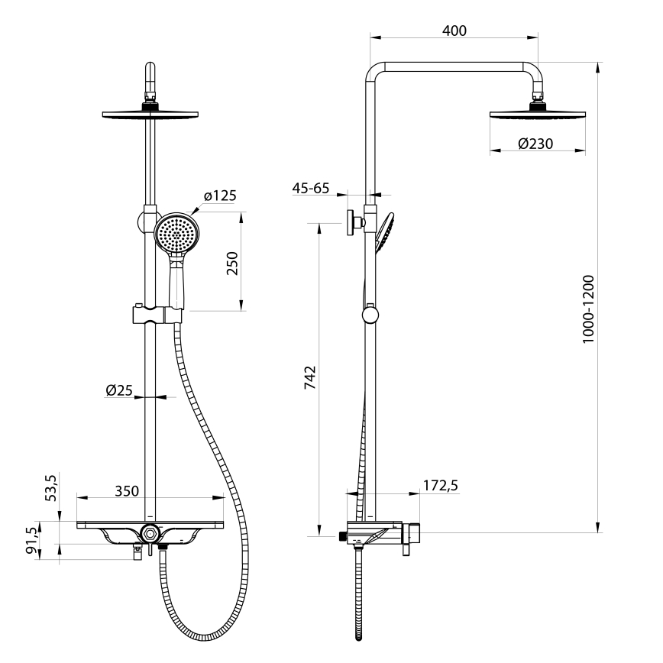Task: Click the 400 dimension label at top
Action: (454, 31)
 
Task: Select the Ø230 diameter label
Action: (535, 144)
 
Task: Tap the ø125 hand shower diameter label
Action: (220, 196)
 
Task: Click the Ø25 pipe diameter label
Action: (120, 390)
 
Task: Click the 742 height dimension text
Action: (309, 378)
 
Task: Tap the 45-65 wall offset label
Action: (312, 188)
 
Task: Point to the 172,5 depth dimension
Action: (440, 485)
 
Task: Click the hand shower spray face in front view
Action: (176, 234)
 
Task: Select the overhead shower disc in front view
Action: (150, 114)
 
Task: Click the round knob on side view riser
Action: (370, 315)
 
